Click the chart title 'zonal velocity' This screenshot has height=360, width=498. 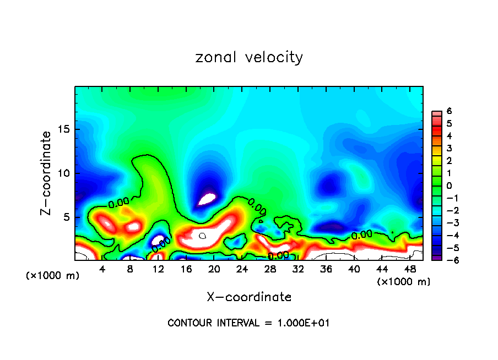[249, 57]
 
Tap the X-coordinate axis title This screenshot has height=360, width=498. [249, 297]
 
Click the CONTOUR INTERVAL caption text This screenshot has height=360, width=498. [248, 323]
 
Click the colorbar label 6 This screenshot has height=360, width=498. [450, 111]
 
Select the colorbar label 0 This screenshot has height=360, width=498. [450, 186]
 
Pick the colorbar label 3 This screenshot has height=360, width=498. [450, 148]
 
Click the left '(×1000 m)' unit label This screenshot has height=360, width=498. [53, 276]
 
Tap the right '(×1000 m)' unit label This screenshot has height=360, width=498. [404, 282]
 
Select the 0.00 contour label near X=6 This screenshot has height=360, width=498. [118, 204]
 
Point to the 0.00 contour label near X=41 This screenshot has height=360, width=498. [361, 235]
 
